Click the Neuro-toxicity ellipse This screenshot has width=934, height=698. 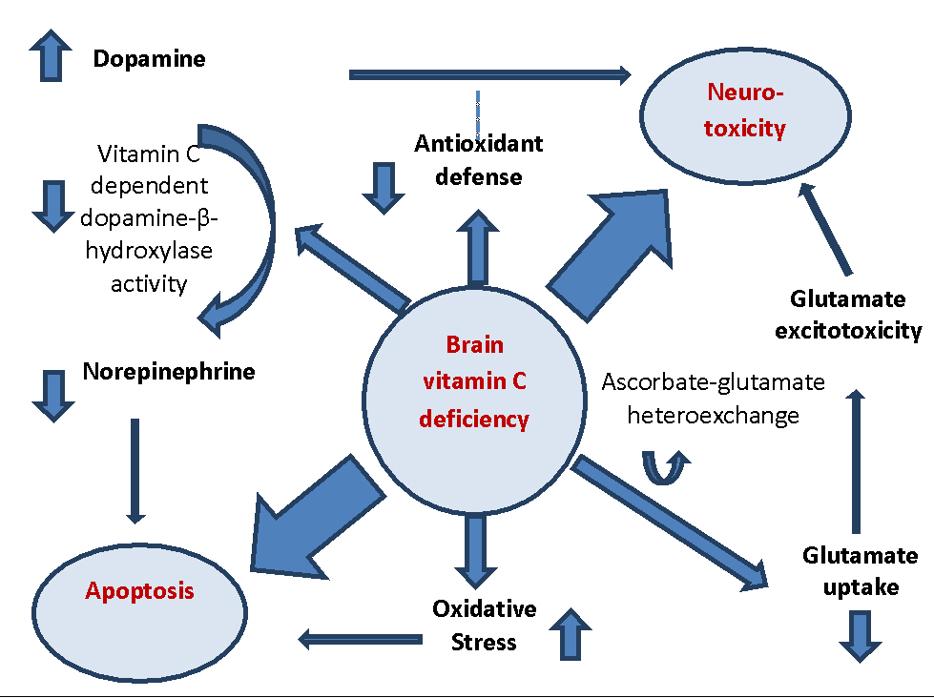[x=744, y=112]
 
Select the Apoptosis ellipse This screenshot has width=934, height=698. [x=139, y=591]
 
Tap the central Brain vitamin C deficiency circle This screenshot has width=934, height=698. [x=474, y=381]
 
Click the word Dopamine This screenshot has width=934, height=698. [x=149, y=59]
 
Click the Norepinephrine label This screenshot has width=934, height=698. [x=169, y=371]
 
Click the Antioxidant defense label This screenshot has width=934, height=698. [x=478, y=159]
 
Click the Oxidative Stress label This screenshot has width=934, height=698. [x=484, y=625]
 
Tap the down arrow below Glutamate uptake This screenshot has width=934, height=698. [x=861, y=635]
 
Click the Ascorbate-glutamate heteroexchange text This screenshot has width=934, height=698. [x=713, y=399]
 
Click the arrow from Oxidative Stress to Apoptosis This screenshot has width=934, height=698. [x=361, y=638]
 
